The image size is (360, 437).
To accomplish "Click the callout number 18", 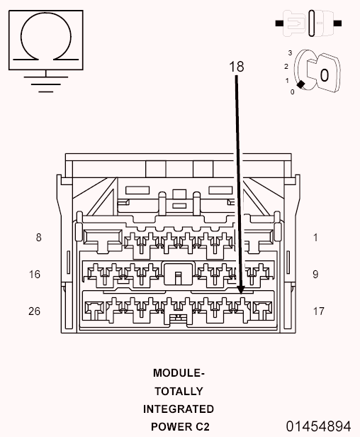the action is click(237, 67).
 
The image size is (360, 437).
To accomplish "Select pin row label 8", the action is click(39, 238).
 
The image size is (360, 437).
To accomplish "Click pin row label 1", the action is click(315, 238).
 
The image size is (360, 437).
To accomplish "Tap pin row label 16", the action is click(35, 275).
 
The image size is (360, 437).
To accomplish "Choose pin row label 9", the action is click(315, 275).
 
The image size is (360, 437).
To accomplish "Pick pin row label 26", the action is click(35, 311).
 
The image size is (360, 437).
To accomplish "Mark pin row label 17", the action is click(318, 311).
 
